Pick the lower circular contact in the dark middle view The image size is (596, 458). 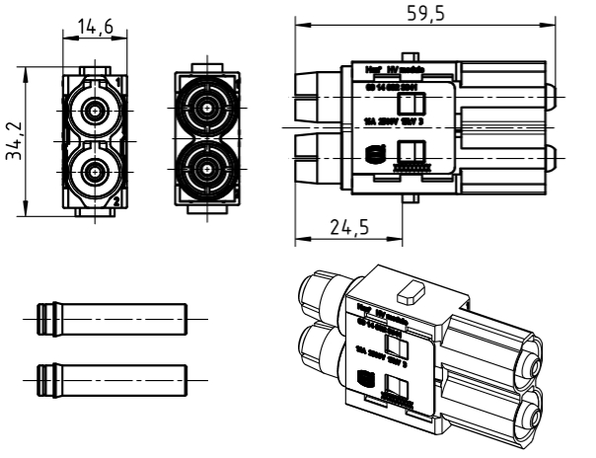point(205,166)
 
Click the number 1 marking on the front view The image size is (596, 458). point(117,79)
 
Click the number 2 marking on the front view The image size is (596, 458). point(117,201)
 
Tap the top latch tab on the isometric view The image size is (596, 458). point(408,294)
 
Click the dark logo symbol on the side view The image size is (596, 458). point(373,154)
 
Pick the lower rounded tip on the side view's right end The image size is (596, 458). point(554,158)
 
